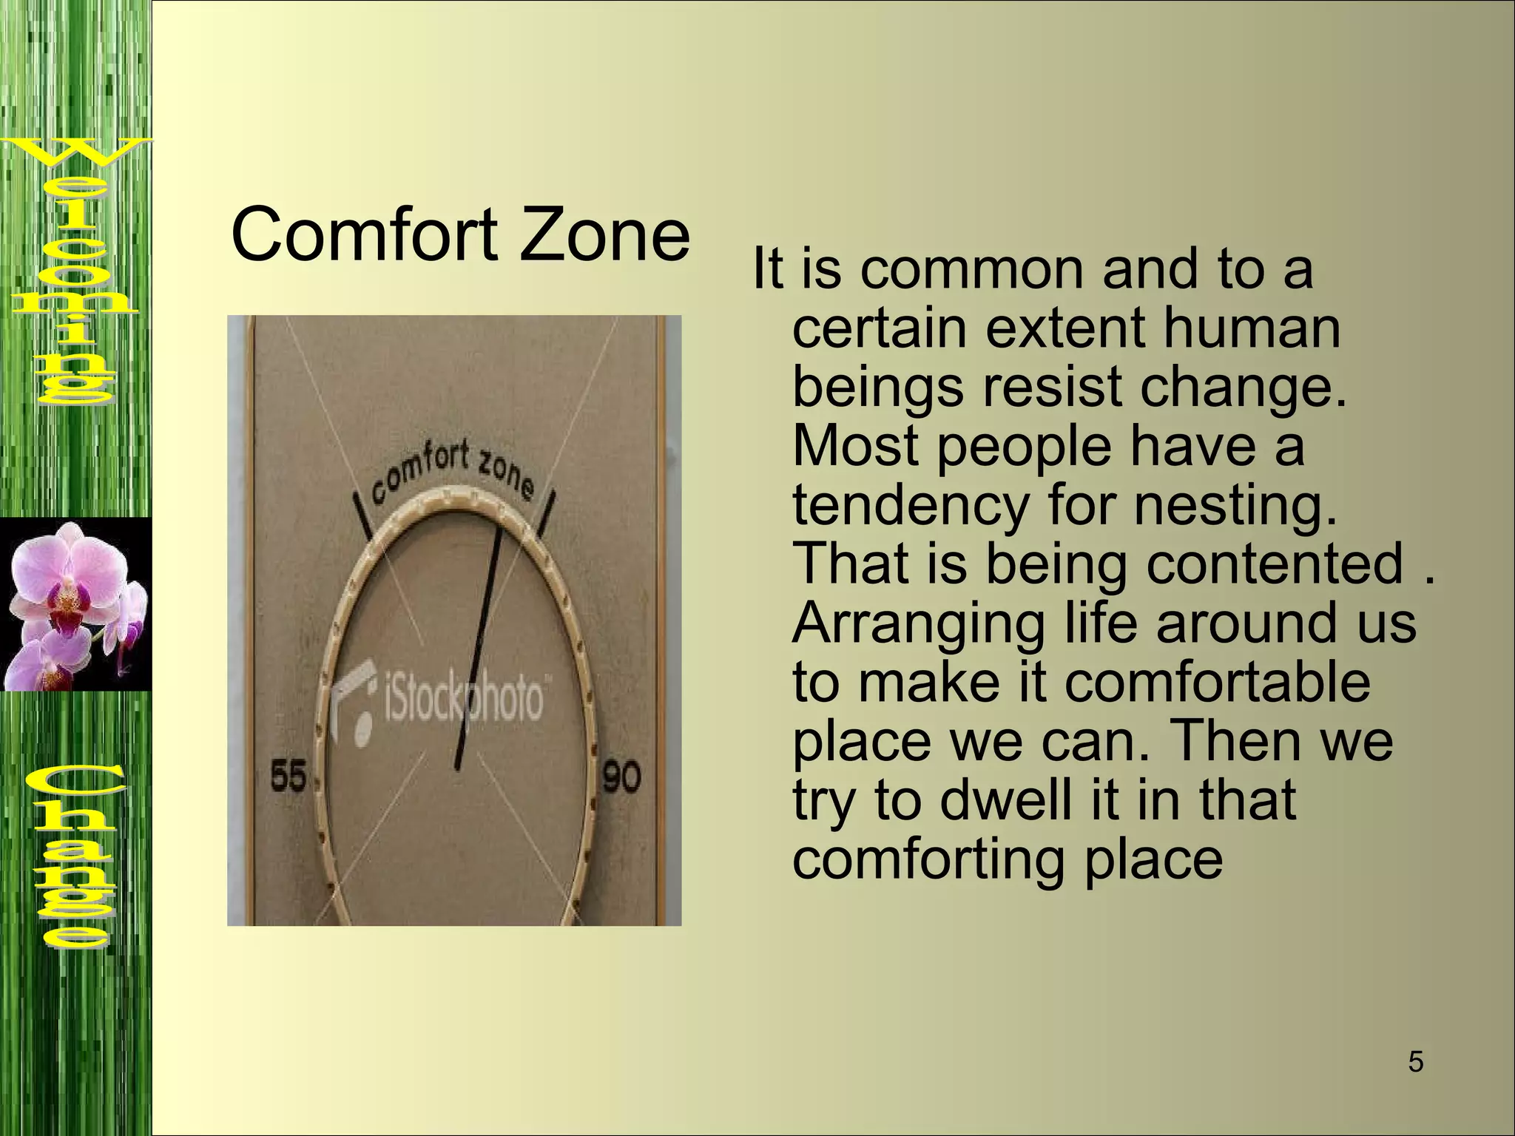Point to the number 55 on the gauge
point(289,778)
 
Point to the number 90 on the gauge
point(621,778)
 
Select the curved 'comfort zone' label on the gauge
point(451,476)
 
